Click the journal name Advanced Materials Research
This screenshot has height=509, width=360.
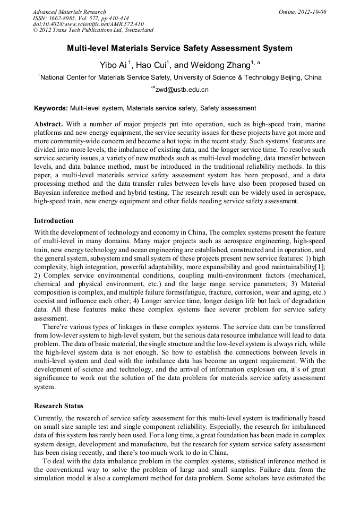[x=69, y=12]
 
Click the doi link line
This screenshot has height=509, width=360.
[x=88, y=24]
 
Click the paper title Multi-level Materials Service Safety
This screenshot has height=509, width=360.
[x=179, y=48]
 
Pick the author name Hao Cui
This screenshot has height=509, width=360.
[x=152, y=65]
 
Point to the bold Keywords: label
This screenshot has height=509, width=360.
[x=51, y=108]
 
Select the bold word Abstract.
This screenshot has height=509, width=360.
[x=48, y=124]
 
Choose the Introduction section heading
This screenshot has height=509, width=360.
[x=54, y=221]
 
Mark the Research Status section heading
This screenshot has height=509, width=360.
[x=58, y=406]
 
